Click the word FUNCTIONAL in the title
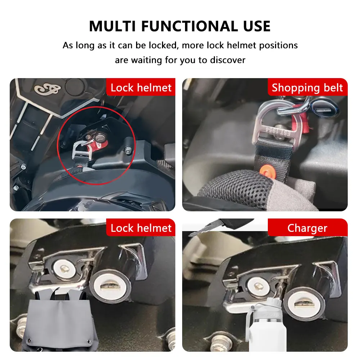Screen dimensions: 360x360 coord(190,26)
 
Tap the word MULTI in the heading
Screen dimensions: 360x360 coord(112,26)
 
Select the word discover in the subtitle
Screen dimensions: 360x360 coord(228,60)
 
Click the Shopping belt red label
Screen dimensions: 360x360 coord(307,87)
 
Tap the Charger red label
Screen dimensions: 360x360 coord(307,228)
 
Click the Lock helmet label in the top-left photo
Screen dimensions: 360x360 coord(141,87)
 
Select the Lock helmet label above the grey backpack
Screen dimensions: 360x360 coord(141,228)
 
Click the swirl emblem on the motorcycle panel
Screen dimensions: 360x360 coord(48,89)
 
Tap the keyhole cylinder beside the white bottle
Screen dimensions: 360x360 coord(304,303)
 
